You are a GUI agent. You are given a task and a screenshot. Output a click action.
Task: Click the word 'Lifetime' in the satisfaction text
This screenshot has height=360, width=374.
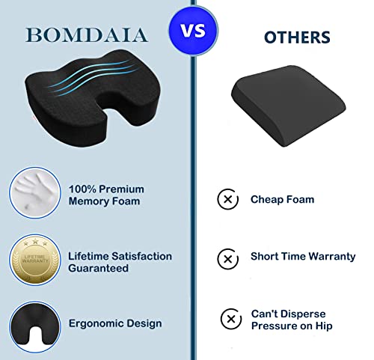(x=91, y=256)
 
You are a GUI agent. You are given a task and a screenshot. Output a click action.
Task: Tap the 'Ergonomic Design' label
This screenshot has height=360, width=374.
(x=115, y=324)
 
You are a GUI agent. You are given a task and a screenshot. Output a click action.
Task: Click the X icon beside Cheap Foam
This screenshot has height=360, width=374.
(x=227, y=200)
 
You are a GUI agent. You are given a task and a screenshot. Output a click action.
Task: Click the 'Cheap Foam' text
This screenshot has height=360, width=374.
(x=282, y=200)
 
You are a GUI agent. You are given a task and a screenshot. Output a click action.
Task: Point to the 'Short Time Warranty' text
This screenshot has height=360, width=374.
(x=303, y=257)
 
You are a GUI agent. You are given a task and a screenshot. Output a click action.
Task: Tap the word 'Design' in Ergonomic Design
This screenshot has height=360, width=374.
(x=144, y=324)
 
